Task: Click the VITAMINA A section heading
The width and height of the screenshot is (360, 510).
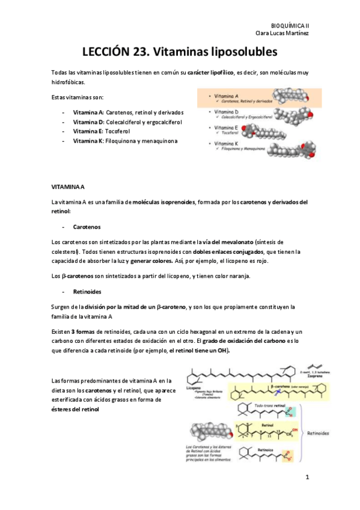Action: (69, 188)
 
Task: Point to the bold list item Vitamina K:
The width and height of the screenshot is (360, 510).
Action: (88, 140)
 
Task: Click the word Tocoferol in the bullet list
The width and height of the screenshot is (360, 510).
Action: (121, 131)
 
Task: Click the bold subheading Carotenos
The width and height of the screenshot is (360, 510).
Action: (87, 227)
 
